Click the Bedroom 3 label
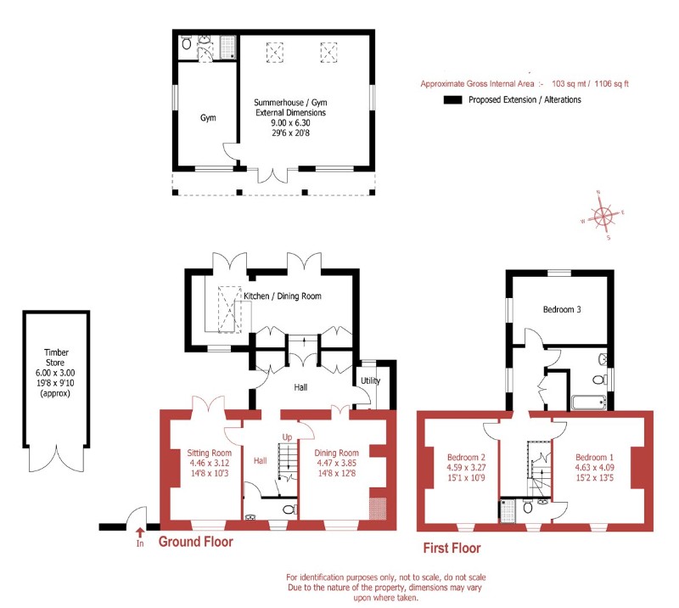tap(562, 310)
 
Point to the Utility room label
tap(370, 380)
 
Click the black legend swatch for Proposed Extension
tap(452, 100)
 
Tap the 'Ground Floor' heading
tap(195, 542)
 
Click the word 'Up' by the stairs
tap(287, 436)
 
